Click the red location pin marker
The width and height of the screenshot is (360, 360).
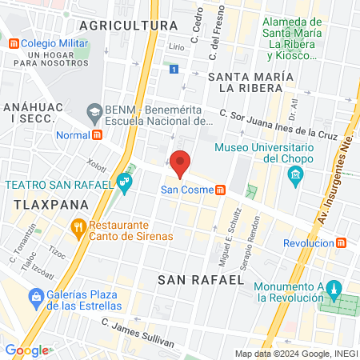click(x=180, y=162)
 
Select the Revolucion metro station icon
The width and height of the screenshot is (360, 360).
click(x=342, y=242)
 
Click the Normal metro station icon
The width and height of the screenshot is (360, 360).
click(x=98, y=134)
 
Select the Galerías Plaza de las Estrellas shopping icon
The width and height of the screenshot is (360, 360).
click(x=35, y=299)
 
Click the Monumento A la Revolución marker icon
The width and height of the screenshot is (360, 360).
click(x=335, y=287)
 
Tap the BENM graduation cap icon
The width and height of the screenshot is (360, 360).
click(x=94, y=110)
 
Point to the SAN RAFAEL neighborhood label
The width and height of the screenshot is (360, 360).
click(x=200, y=280)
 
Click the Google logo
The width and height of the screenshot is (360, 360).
click(x=27, y=350)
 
